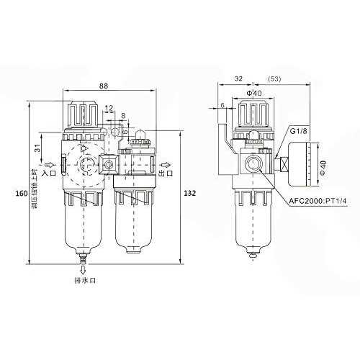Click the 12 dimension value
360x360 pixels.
coord(109,108)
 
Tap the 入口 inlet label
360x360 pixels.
coord(49,173)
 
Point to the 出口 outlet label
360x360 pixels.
coord(166,173)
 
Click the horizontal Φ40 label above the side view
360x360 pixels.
coord(253,93)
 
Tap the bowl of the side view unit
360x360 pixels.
coord(252,219)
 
